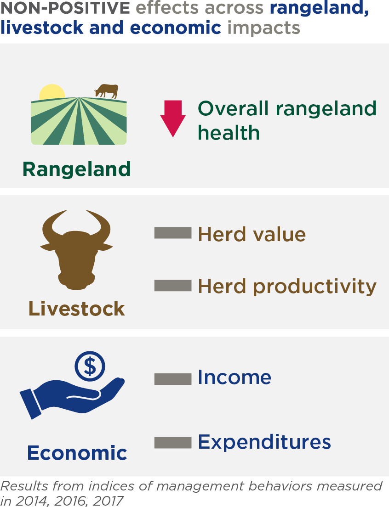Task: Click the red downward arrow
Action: (x=173, y=118)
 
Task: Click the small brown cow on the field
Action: (x=107, y=91)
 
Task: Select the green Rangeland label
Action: (x=77, y=169)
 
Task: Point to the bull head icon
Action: (x=76, y=250)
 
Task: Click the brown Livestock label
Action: (x=77, y=309)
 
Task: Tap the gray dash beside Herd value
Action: (x=173, y=233)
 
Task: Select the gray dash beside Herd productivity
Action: (x=173, y=286)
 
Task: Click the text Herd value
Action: (x=252, y=234)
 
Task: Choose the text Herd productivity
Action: (x=287, y=286)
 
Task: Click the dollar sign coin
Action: (x=90, y=366)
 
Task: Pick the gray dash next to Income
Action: (x=173, y=379)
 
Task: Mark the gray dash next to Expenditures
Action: (x=173, y=443)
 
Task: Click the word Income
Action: (x=235, y=377)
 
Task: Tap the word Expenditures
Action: (x=264, y=442)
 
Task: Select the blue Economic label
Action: (x=77, y=452)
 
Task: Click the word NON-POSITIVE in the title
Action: (x=65, y=8)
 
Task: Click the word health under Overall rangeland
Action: (x=229, y=133)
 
